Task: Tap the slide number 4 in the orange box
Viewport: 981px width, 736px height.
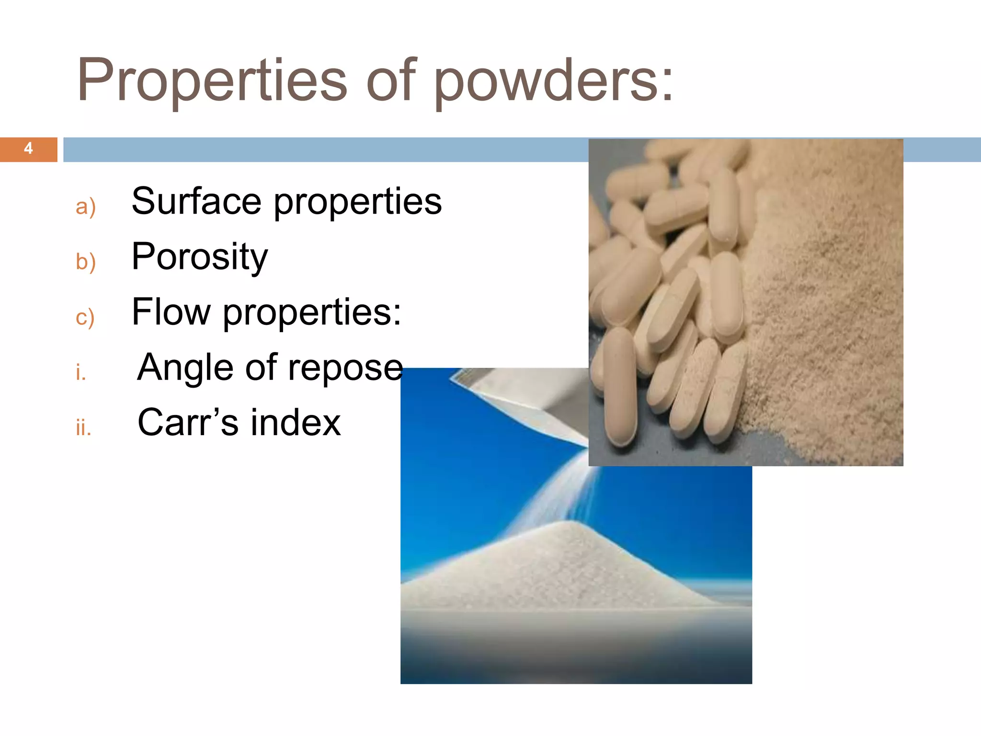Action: click(28, 149)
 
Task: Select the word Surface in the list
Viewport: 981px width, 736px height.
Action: click(196, 201)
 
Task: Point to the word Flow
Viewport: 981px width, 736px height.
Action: click(171, 312)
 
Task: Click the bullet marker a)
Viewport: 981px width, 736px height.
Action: click(86, 207)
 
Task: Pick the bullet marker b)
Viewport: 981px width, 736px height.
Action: click(86, 262)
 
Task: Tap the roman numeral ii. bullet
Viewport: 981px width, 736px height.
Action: click(83, 427)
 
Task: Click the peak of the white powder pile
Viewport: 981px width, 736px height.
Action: click(570, 524)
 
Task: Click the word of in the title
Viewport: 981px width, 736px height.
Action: click(391, 80)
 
